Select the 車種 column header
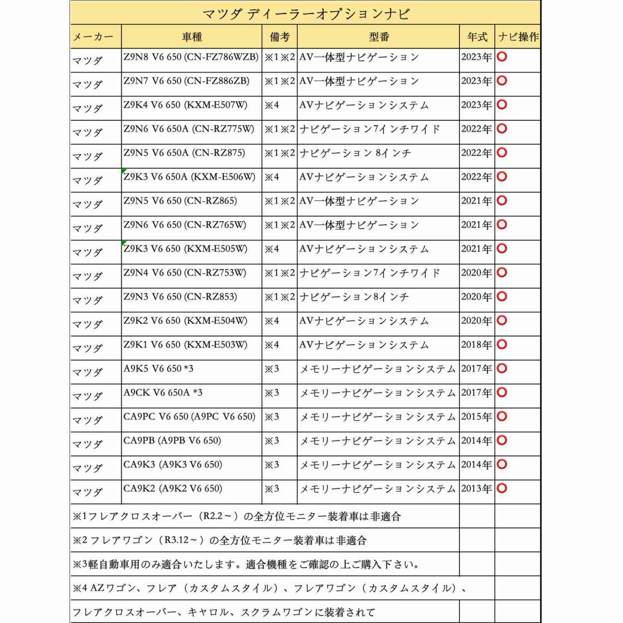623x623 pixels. tap(192, 37)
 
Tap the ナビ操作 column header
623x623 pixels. tap(518, 37)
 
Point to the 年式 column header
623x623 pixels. tap(477, 37)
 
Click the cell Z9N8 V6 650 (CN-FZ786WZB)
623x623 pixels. tap(191, 57)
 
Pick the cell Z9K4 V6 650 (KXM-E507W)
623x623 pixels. tap(185, 105)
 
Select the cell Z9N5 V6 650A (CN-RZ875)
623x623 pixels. tap(184, 153)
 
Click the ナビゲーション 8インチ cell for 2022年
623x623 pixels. tap(355, 153)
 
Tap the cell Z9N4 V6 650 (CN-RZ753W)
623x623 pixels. tap(185, 273)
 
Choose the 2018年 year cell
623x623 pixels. tap(477, 345)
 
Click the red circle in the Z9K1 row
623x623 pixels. tap(502, 344)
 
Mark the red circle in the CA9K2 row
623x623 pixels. tap(502, 488)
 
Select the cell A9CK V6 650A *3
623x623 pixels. tap(163, 392)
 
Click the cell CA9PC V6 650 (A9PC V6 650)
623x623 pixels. tap(189, 416)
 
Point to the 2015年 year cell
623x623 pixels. tap(477, 417)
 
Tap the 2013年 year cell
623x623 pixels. tap(477, 489)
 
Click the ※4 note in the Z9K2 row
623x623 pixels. tap(272, 321)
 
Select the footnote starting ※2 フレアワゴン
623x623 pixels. tap(220, 540)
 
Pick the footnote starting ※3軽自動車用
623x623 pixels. tap(246, 564)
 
